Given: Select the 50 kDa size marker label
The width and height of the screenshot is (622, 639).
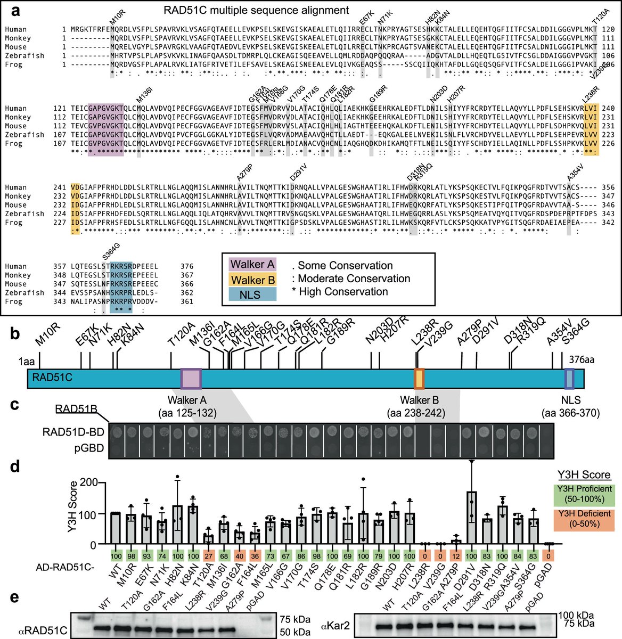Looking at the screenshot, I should pos(296,632).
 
